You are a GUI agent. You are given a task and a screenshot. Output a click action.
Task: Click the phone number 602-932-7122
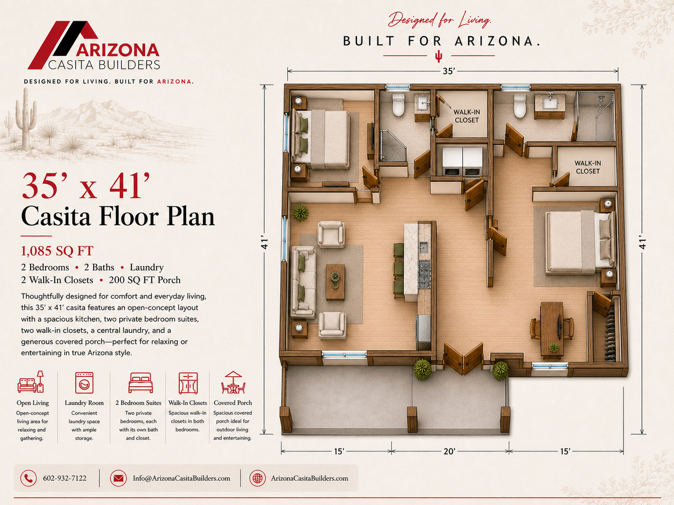(65, 478)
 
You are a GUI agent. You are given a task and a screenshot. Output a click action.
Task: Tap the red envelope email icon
(118, 478)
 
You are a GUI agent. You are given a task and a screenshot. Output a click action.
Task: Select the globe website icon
(257, 478)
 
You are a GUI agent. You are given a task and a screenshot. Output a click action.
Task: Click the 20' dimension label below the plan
(449, 452)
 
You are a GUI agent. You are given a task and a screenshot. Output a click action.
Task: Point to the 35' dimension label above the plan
(449, 71)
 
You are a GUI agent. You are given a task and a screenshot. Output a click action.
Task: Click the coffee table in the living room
(335, 282)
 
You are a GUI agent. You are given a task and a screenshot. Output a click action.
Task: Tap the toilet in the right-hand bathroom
(520, 106)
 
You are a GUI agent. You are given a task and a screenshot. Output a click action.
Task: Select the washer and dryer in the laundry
(462, 161)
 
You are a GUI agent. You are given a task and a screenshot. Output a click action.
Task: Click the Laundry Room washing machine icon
(84, 383)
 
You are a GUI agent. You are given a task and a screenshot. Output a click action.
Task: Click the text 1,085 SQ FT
(57, 251)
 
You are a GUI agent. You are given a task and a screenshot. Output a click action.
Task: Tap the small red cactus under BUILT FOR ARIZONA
(439, 56)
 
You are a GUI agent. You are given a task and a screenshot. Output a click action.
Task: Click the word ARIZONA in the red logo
(118, 50)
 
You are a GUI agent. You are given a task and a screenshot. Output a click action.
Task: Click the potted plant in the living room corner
(300, 213)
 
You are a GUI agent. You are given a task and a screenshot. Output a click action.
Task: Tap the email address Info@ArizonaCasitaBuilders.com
(182, 478)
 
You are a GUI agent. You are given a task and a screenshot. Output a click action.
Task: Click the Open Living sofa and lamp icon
(31, 382)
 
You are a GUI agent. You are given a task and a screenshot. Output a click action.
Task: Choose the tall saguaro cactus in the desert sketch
(26, 119)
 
